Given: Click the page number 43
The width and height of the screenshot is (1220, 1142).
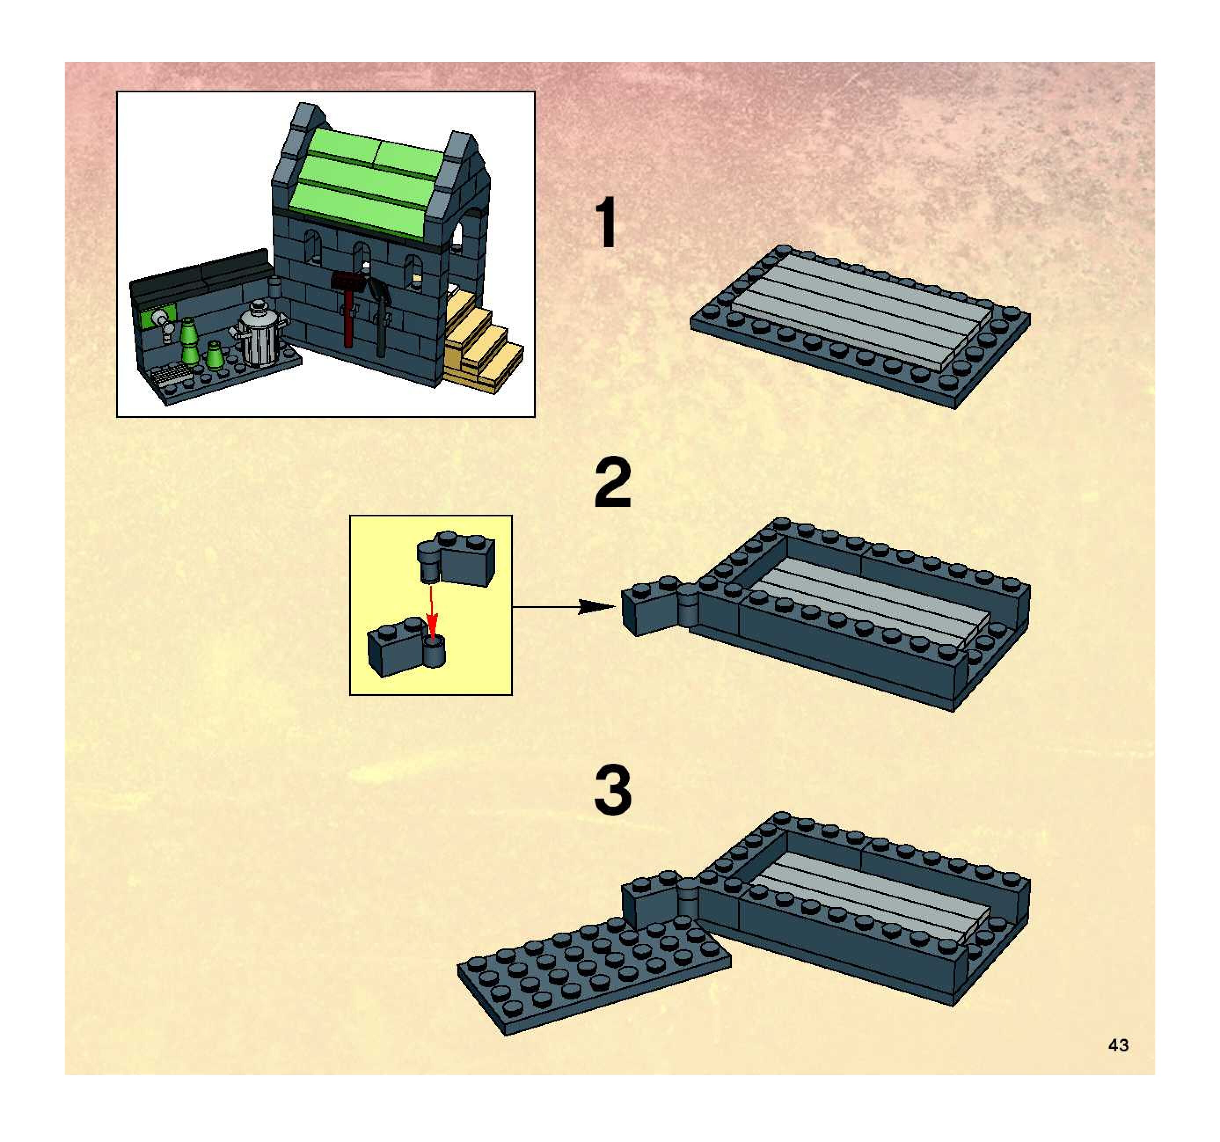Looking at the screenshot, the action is pyautogui.click(x=1118, y=1045).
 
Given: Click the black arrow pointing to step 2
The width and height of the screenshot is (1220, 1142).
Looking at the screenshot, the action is pyautogui.click(x=564, y=607).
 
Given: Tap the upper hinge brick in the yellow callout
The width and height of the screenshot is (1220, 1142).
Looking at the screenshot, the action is pyautogui.click(x=455, y=558).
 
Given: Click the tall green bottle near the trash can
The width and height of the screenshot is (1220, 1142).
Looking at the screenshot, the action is pyautogui.click(x=188, y=341).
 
